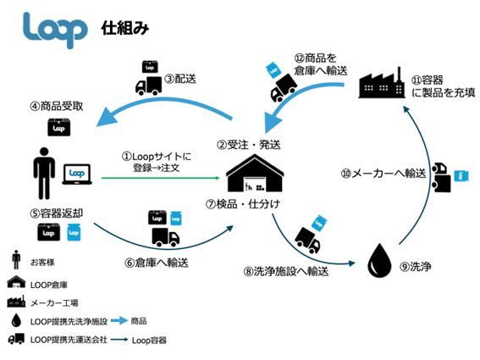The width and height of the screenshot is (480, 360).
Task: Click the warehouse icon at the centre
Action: point(256,174)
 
